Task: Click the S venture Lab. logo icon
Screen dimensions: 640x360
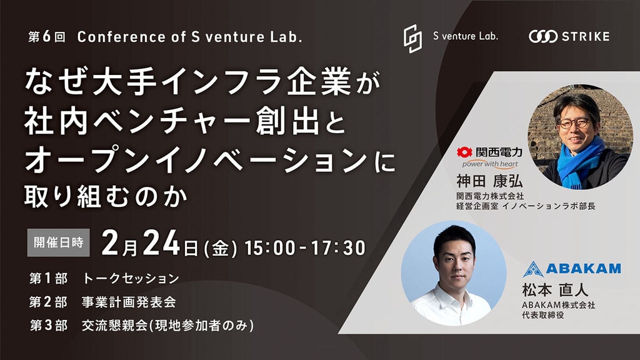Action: [x=412, y=39]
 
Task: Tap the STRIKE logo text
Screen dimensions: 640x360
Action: [x=586, y=37]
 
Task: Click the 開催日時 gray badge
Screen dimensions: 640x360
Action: [x=58, y=242]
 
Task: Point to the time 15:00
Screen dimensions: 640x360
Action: [x=270, y=247]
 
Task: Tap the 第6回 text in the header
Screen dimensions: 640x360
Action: [x=46, y=37]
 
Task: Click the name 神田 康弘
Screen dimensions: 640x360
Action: [x=489, y=181]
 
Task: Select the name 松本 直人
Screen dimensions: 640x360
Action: [x=555, y=290]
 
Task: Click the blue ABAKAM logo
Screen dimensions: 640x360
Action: [x=571, y=269]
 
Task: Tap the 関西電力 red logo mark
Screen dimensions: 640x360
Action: [x=464, y=152]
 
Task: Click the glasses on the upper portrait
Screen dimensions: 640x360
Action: [x=575, y=123]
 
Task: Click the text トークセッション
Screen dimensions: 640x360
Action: [x=131, y=278]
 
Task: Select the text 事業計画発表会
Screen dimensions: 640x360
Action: [x=129, y=302]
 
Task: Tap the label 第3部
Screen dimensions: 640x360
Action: [x=49, y=326]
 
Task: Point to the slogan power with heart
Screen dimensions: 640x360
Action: [x=490, y=164]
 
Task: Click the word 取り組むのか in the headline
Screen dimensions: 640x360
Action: [x=106, y=196]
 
